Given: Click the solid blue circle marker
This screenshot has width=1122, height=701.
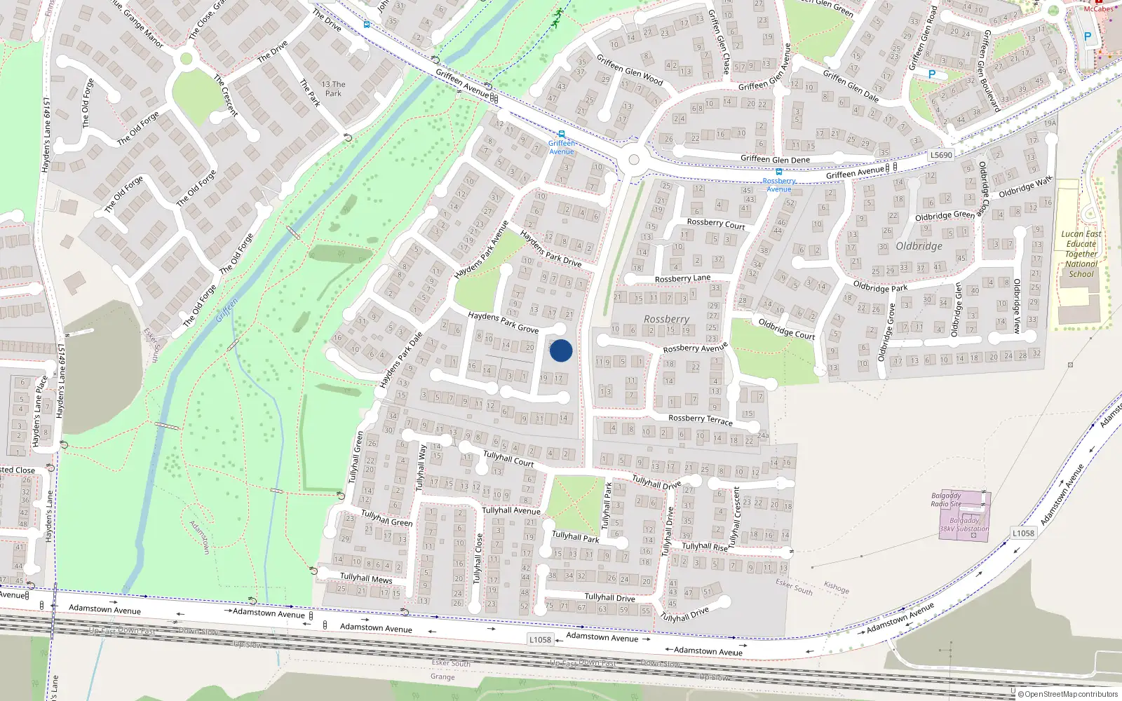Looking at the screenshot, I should click(x=561, y=350).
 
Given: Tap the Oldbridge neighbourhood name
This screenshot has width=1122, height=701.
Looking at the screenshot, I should click(x=919, y=246).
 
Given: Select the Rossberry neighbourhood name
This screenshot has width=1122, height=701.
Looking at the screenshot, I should click(x=666, y=319).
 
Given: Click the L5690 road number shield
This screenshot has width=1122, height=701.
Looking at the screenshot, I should click(x=941, y=155).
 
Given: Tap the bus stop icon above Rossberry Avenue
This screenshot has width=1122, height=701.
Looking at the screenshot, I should click(x=778, y=172).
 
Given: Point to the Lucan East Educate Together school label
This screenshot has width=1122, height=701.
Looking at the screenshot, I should click(x=1081, y=254).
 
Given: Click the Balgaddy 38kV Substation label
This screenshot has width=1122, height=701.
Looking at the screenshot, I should click(x=964, y=525).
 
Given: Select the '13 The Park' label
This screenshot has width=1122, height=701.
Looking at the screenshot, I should click(x=333, y=88).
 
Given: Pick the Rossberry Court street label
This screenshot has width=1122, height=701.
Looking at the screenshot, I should click(x=715, y=224).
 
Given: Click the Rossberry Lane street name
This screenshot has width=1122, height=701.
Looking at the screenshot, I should click(x=682, y=278).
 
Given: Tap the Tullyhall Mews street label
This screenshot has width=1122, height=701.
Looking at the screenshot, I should click(x=366, y=578).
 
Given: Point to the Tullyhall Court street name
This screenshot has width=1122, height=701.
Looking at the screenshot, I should click(x=508, y=458).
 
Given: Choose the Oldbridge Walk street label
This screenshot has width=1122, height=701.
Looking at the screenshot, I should click(x=1025, y=186).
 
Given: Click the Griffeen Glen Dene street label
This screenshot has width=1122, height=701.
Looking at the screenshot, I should click(x=775, y=159).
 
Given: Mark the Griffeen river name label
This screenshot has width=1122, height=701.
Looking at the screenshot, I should click(x=227, y=309).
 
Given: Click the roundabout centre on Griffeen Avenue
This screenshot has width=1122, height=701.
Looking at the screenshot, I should click(x=634, y=160).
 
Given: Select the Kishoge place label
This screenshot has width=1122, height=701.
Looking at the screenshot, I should click(x=836, y=587).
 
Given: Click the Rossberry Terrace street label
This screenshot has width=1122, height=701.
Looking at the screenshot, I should click(x=700, y=419).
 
